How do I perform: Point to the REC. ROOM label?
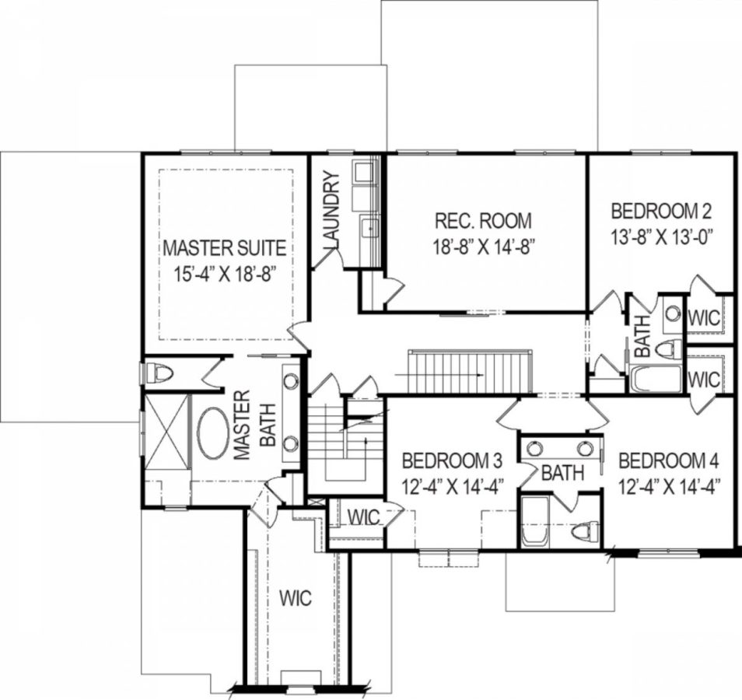[x=484, y=220]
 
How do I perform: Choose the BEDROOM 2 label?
[x=662, y=211]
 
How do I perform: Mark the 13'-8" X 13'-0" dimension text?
[x=662, y=236]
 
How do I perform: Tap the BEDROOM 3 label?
[x=446, y=460]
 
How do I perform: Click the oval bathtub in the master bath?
[x=212, y=433]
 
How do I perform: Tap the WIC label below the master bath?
[x=296, y=598]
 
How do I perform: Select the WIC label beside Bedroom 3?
[x=363, y=517]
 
